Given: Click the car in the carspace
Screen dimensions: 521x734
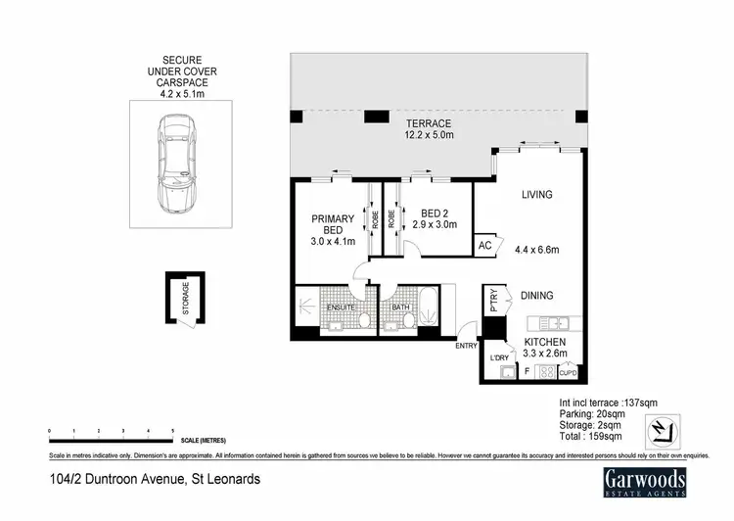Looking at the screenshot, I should point(177,163).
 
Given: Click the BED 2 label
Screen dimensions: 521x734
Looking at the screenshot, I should point(434,213).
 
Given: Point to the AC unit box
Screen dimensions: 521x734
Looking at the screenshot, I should point(485,247).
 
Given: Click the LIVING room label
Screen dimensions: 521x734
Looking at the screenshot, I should point(536,195).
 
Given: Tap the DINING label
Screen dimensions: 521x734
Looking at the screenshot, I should point(536,295).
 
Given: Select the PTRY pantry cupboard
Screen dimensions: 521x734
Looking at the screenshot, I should point(494,300).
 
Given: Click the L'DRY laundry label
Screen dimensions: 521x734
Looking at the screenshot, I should point(499,359).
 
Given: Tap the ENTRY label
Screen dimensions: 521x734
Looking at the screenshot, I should point(466,346).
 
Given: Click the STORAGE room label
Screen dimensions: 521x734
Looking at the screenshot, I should point(183,297).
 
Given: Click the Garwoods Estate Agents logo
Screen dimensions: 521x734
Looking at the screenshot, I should point(642,483).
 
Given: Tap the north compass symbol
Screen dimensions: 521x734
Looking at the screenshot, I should point(663,430).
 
